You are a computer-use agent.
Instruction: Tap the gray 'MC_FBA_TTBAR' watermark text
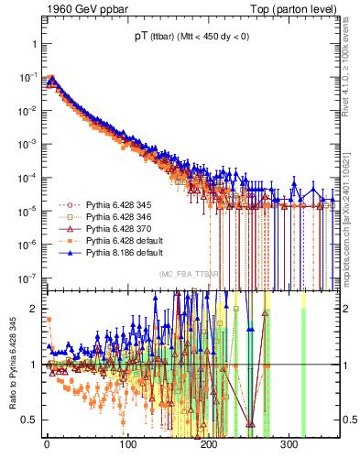(x=189, y=274)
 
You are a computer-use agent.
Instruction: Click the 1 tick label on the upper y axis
(x=31, y=44)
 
